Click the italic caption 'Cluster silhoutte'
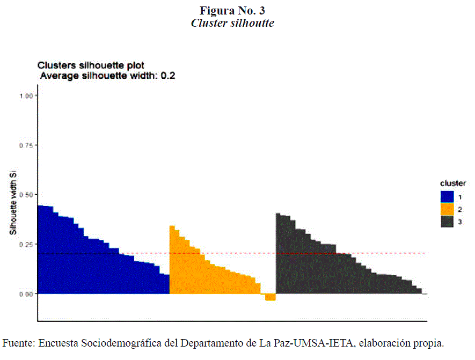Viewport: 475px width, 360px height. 232,24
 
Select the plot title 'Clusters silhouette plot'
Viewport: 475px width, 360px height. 90,65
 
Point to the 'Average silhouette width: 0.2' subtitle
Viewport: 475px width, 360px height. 108,76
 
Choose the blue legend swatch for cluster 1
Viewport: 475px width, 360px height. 447,197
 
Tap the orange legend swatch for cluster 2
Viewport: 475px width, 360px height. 447,209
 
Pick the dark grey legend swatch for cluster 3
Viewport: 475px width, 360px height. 447,221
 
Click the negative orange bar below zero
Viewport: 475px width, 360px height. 271,297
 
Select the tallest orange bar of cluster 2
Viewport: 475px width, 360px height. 172,260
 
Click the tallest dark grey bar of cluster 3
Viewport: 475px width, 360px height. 279,254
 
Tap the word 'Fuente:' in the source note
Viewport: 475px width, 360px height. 19,343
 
